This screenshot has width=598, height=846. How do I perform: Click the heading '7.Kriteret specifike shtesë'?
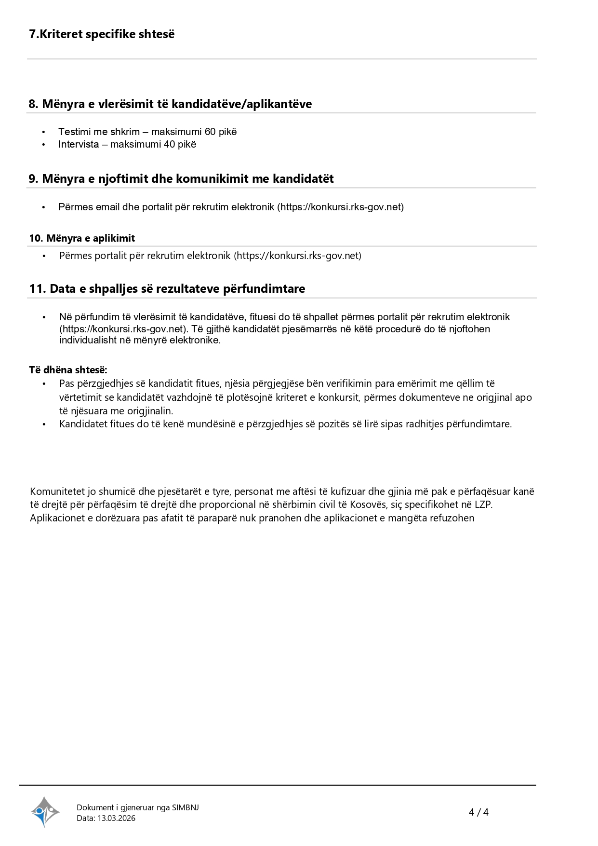(102, 34)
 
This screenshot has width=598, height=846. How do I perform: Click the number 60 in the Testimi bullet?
(211, 132)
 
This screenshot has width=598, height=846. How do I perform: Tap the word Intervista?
(79, 144)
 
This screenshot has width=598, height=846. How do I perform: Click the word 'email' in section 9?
(107, 207)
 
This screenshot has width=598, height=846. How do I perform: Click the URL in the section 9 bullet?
(340, 207)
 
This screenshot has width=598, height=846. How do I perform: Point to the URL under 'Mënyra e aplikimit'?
(297, 256)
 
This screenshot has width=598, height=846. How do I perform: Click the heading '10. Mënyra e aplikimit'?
(82, 238)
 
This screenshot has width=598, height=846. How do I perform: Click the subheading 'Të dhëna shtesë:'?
(68, 370)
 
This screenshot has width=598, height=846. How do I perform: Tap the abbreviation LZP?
(483, 505)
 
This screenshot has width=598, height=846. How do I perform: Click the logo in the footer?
(45, 812)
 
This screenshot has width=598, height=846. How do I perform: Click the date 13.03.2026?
(116, 818)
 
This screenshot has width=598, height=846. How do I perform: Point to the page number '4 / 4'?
(478, 812)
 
